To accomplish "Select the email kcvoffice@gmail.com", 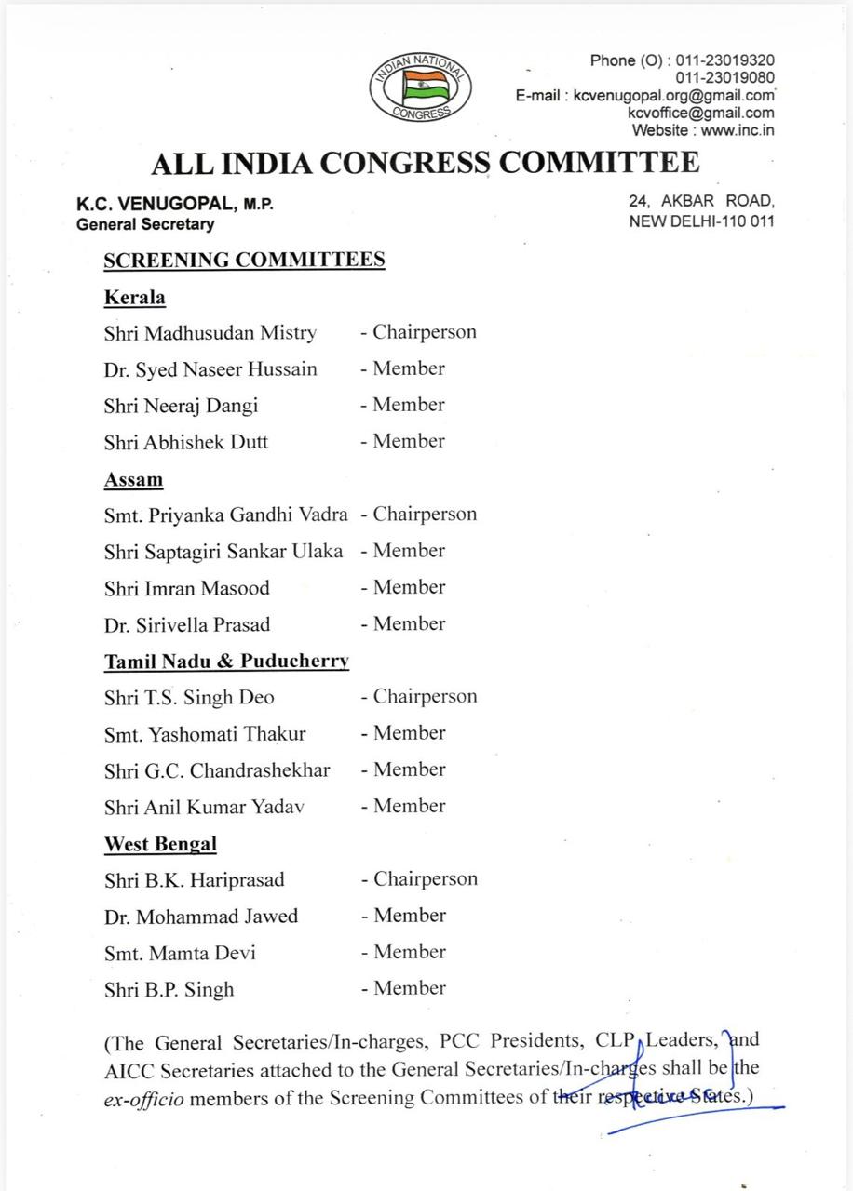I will click(x=701, y=113).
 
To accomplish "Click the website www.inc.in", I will click(x=738, y=130).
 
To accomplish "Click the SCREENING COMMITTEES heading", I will click(x=244, y=260).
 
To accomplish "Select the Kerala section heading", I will click(x=134, y=298).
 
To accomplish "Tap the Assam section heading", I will click(x=133, y=480).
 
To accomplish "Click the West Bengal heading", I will click(x=160, y=845).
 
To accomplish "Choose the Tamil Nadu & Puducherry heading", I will click(x=226, y=662).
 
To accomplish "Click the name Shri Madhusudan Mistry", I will click(x=210, y=333).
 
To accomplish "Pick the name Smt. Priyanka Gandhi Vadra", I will click(x=226, y=515).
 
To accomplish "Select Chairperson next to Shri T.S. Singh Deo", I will click(x=425, y=697).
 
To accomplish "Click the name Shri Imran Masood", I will click(x=187, y=588).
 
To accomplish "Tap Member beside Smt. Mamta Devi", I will click(x=409, y=952).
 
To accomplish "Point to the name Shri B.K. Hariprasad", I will click(x=195, y=880).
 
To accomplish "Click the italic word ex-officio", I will click(x=144, y=1099).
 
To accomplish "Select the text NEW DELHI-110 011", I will click(x=701, y=221).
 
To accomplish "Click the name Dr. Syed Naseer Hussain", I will click(x=210, y=369).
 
